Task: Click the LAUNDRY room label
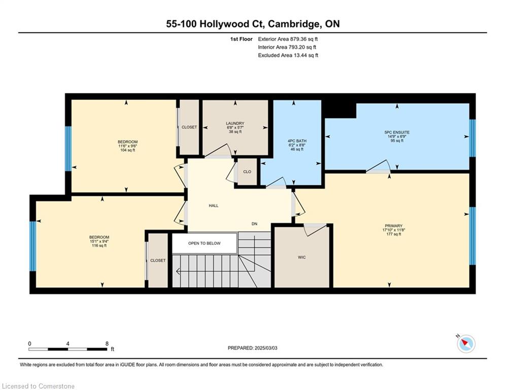pyautogui.click(x=235, y=123)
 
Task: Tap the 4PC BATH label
pyautogui.click(x=297, y=141)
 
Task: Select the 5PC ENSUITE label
pyautogui.click(x=397, y=132)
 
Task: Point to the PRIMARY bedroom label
pyautogui.click(x=393, y=225)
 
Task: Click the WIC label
pyautogui.click(x=302, y=257)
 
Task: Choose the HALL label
pyautogui.click(x=214, y=205)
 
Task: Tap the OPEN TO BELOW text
pyautogui.click(x=205, y=243)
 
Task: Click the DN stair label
pyautogui.click(x=254, y=223)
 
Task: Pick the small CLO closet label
pyautogui.click(x=247, y=172)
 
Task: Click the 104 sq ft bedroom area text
pyautogui.click(x=127, y=150)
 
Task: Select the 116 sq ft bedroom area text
pyautogui.click(x=99, y=246)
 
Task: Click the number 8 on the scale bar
pyautogui.click(x=107, y=344)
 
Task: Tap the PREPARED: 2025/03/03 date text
pyautogui.click(x=253, y=348)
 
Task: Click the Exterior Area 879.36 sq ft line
pyautogui.click(x=288, y=39)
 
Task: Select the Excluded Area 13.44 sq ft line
pyautogui.click(x=288, y=55)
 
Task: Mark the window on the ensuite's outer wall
pyautogui.click(x=472, y=138)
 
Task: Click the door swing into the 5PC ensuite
pyautogui.click(x=379, y=167)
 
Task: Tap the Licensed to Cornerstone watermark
pyautogui.click(x=38, y=386)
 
